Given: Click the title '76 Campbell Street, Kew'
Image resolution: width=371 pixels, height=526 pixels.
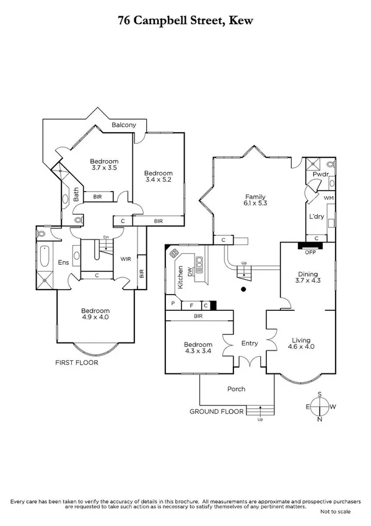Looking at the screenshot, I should point(185,20).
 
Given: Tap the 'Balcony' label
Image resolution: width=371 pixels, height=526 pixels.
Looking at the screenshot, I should point(124,125).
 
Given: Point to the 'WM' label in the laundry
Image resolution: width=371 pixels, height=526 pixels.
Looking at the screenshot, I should point(328,197).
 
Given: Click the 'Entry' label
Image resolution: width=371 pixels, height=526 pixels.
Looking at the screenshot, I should point(250,343).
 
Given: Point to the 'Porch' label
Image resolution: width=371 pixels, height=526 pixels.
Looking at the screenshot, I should point(236,390).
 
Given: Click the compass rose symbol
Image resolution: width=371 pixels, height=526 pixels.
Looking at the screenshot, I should point(320,407).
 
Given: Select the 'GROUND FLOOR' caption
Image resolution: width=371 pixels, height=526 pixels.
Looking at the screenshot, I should point(215,411).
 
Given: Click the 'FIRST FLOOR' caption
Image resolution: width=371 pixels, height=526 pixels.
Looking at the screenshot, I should point(77,363).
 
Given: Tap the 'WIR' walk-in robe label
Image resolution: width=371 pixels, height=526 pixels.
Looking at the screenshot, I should point(126,259).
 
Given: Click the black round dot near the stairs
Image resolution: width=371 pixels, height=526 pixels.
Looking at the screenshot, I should point(243,289).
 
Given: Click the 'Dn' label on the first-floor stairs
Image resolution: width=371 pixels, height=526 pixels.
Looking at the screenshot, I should point(106,238).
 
